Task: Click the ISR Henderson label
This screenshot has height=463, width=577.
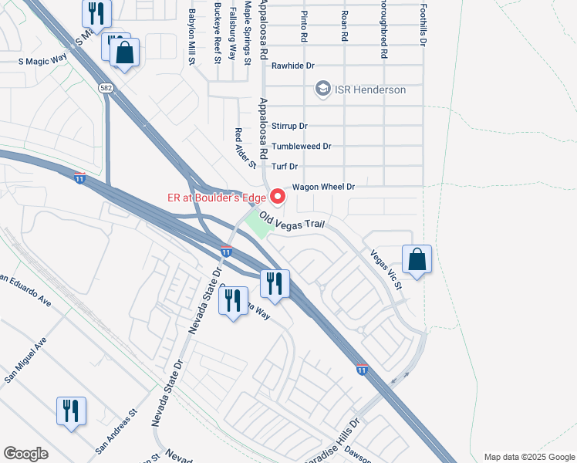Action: coord(370,90)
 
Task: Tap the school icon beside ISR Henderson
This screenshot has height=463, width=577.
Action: coord(323,90)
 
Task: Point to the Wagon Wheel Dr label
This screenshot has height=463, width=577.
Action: coord(322,187)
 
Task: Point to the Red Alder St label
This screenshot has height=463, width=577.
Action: coord(245,148)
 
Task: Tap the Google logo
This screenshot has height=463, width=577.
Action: coord(25,454)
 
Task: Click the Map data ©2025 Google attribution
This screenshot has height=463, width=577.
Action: coord(528,457)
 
